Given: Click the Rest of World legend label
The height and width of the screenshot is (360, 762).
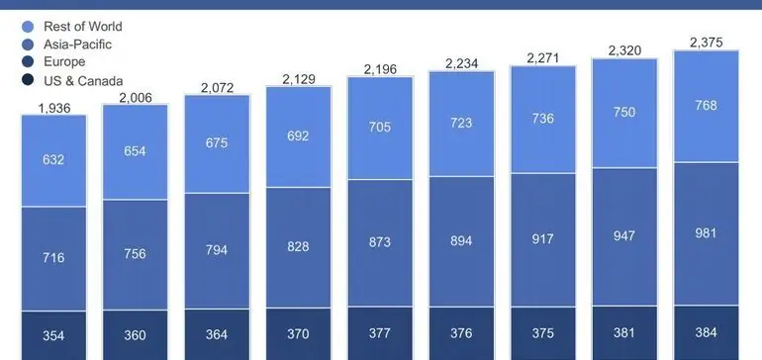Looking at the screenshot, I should tap(83, 27).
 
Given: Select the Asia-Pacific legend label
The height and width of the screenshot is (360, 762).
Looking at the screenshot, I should tap(78, 45).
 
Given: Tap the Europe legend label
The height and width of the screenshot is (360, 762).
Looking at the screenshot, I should tap(64, 62).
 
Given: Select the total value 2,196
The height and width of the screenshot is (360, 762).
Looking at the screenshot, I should tap(381, 68).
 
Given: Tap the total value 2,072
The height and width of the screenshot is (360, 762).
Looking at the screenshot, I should tap(218, 88).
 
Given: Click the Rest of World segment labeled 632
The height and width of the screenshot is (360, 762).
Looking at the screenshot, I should tap(54, 161).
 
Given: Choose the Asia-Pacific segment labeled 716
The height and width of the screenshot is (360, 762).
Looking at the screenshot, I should tap(54, 258).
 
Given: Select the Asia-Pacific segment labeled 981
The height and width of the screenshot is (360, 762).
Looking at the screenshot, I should tap(707, 233).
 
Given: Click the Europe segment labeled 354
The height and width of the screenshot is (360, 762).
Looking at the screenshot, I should tap(54, 335).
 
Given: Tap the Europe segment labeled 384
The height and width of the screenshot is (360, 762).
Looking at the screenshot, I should tap(707, 332).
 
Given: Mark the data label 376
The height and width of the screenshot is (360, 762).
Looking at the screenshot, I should tap(462, 333).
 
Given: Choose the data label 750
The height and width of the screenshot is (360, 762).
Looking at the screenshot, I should tap(624, 112).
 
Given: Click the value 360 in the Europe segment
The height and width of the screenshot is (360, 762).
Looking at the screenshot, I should tap(136, 335).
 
